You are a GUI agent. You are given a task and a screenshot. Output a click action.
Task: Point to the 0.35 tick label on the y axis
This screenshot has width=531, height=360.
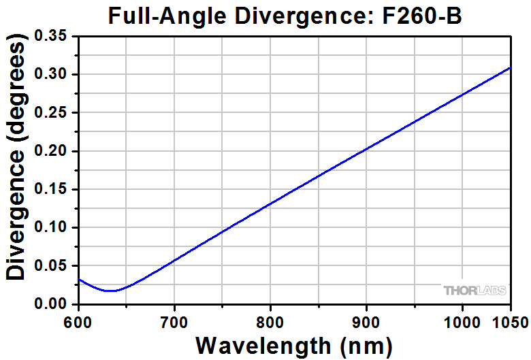coord(54,36)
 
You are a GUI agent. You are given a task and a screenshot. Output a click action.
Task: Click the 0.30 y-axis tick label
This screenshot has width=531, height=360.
coord(54,74)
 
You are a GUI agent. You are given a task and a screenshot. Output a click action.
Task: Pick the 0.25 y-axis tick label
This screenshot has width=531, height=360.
coord(54,113)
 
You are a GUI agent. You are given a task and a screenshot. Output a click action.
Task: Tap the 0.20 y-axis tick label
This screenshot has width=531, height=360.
coord(54,151)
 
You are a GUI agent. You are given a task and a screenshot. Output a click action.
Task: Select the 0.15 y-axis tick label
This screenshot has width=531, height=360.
coord(54,189)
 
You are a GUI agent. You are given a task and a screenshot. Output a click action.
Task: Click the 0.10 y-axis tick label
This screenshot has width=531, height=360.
coord(54,227)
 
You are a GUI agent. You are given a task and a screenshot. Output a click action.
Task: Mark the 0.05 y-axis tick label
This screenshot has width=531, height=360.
coord(54,266)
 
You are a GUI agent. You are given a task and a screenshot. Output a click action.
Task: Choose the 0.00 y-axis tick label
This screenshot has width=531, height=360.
coord(54,304)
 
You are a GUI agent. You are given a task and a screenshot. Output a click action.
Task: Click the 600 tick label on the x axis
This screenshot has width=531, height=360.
coord(79,320)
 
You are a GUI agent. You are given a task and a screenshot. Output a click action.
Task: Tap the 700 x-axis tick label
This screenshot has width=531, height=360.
coord(175,320)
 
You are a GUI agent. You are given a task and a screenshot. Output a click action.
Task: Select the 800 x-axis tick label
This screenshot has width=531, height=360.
coord(271,320)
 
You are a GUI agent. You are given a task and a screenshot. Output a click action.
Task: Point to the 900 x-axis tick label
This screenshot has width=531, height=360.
coord(367,320)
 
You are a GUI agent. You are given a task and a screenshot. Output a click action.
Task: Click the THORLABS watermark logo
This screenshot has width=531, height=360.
coord(475,291)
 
